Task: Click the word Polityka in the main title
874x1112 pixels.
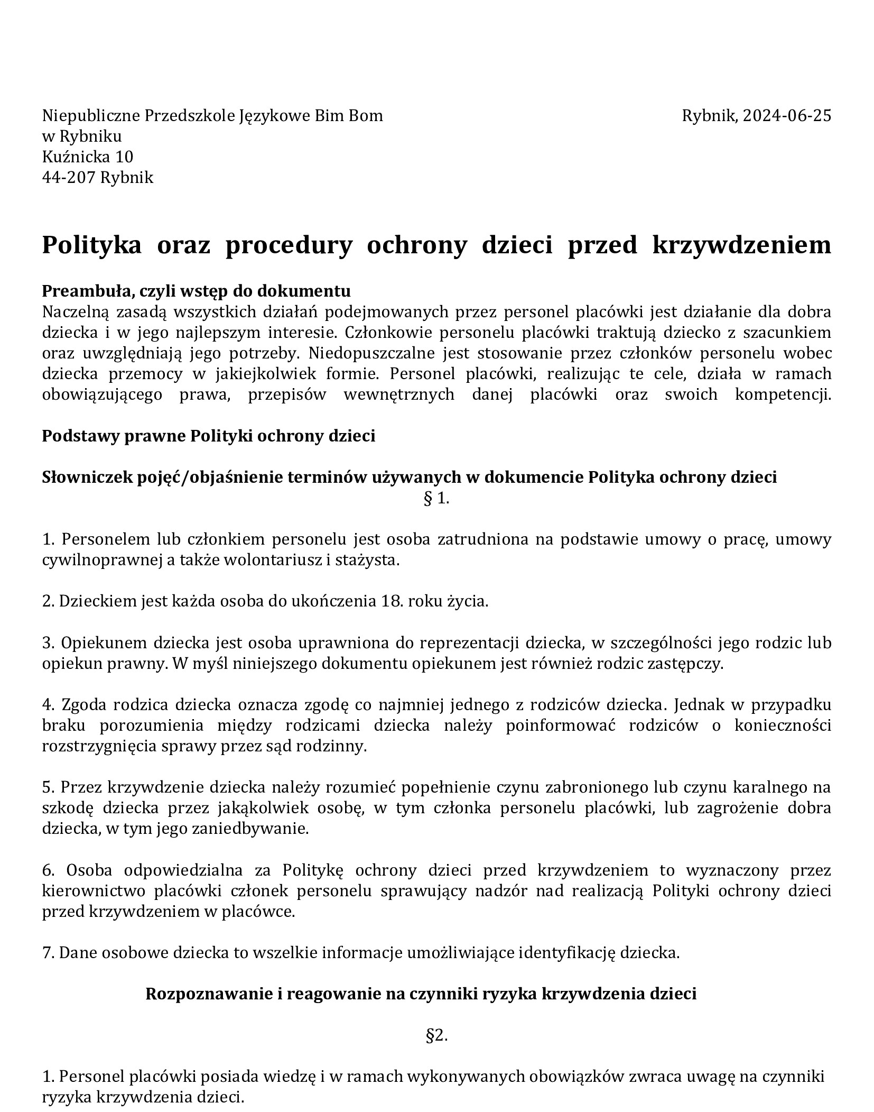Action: pos(91,245)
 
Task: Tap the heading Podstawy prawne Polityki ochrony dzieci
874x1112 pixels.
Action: pos(209,436)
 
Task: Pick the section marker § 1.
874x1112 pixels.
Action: pos(436,498)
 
